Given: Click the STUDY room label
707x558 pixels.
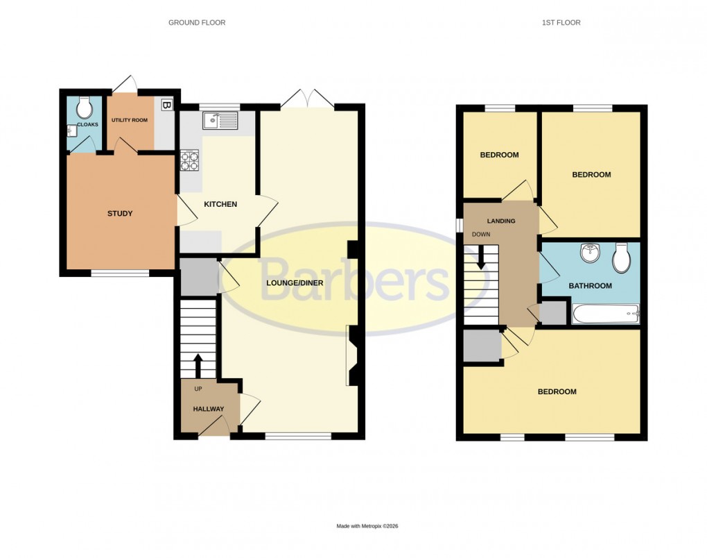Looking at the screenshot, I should pyautogui.click(x=120, y=213).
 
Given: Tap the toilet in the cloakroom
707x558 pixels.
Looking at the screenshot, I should pyautogui.click(x=85, y=108).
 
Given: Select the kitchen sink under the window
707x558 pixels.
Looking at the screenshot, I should pyautogui.click(x=220, y=121).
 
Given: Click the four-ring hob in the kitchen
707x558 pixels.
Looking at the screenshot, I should pyautogui.click(x=190, y=161).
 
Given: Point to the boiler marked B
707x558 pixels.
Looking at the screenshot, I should pyautogui.click(x=166, y=105).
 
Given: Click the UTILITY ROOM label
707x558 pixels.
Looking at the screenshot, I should pyautogui.click(x=130, y=120).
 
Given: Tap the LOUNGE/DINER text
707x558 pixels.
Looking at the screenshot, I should pyautogui.click(x=295, y=282).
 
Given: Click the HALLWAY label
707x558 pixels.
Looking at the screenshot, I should pyautogui.click(x=208, y=409).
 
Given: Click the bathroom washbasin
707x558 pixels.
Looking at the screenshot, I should pyautogui.click(x=591, y=254).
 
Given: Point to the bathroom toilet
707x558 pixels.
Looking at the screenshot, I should pyautogui.click(x=622, y=257).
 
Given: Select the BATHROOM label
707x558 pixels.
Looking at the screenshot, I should pyautogui.click(x=590, y=286).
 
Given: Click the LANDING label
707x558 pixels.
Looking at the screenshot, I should pyautogui.click(x=501, y=221).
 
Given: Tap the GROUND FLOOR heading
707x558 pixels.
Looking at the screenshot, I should pyautogui.click(x=197, y=23).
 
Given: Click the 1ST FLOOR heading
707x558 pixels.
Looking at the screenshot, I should pyautogui.click(x=561, y=23).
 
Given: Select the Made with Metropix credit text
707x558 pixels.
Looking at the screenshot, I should pyautogui.click(x=367, y=526).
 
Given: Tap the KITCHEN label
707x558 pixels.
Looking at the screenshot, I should pyautogui.click(x=220, y=204).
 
